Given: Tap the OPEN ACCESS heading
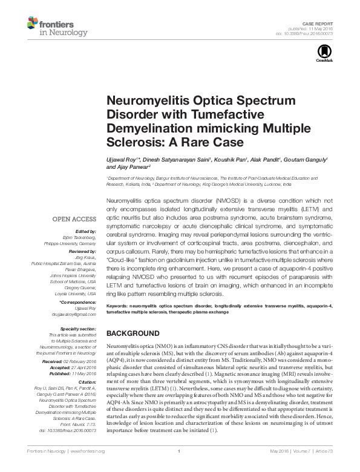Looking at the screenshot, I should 74,218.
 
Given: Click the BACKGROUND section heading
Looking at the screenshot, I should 133,333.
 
